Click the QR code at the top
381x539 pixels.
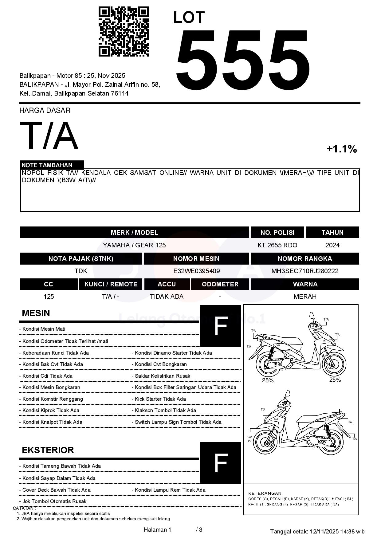124,32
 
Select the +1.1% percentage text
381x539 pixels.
341,149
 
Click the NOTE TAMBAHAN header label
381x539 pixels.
47,165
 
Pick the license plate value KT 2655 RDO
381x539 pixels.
277,245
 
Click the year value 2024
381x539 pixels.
332,245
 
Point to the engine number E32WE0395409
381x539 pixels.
196,271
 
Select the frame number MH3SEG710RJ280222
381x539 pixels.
305,271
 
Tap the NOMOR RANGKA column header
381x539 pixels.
304,259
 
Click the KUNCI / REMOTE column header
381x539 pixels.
111,284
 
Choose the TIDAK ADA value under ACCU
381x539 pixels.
167,297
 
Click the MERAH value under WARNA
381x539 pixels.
305,297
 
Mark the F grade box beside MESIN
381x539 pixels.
220,326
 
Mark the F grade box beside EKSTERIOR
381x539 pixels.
220,463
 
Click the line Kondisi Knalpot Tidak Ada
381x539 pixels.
52,422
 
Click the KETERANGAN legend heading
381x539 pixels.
265,494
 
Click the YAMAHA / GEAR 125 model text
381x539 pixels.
134,245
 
